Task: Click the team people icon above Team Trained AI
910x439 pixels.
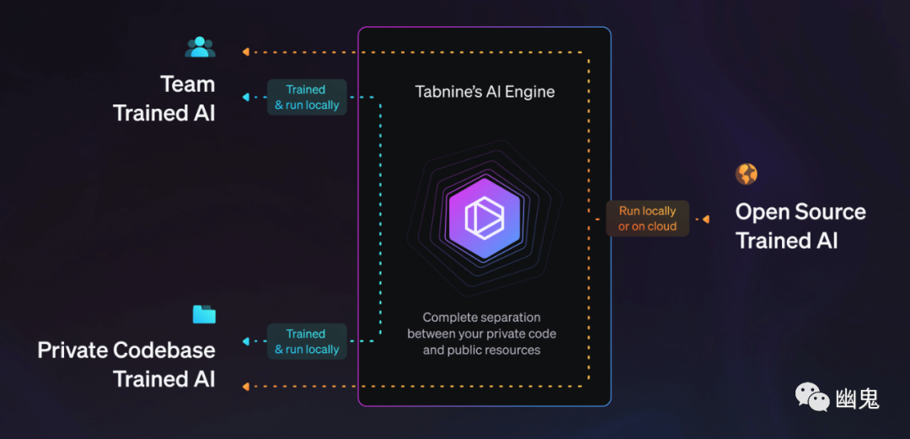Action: (200, 47)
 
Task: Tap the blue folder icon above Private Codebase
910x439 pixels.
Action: (204, 314)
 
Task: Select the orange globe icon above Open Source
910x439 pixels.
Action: (747, 174)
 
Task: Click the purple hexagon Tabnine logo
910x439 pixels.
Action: (484, 218)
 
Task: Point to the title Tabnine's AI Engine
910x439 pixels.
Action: (484, 92)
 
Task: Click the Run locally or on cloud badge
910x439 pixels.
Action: (647, 218)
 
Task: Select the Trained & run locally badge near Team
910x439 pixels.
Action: (306, 97)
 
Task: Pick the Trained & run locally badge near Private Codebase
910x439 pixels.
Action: (306, 341)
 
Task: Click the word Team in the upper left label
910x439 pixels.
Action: (188, 84)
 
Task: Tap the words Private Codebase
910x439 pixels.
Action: (126, 350)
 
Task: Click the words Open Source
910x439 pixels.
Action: (800, 211)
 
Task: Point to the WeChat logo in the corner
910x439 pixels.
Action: (812, 396)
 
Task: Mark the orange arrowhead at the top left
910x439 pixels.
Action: (245, 52)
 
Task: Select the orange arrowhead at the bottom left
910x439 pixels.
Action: (245, 386)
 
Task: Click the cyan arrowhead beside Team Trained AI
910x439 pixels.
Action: (245, 97)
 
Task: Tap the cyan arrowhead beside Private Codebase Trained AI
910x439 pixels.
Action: (245, 341)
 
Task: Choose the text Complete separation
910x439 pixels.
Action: (481, 318)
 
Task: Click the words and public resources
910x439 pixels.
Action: (481, 350)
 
